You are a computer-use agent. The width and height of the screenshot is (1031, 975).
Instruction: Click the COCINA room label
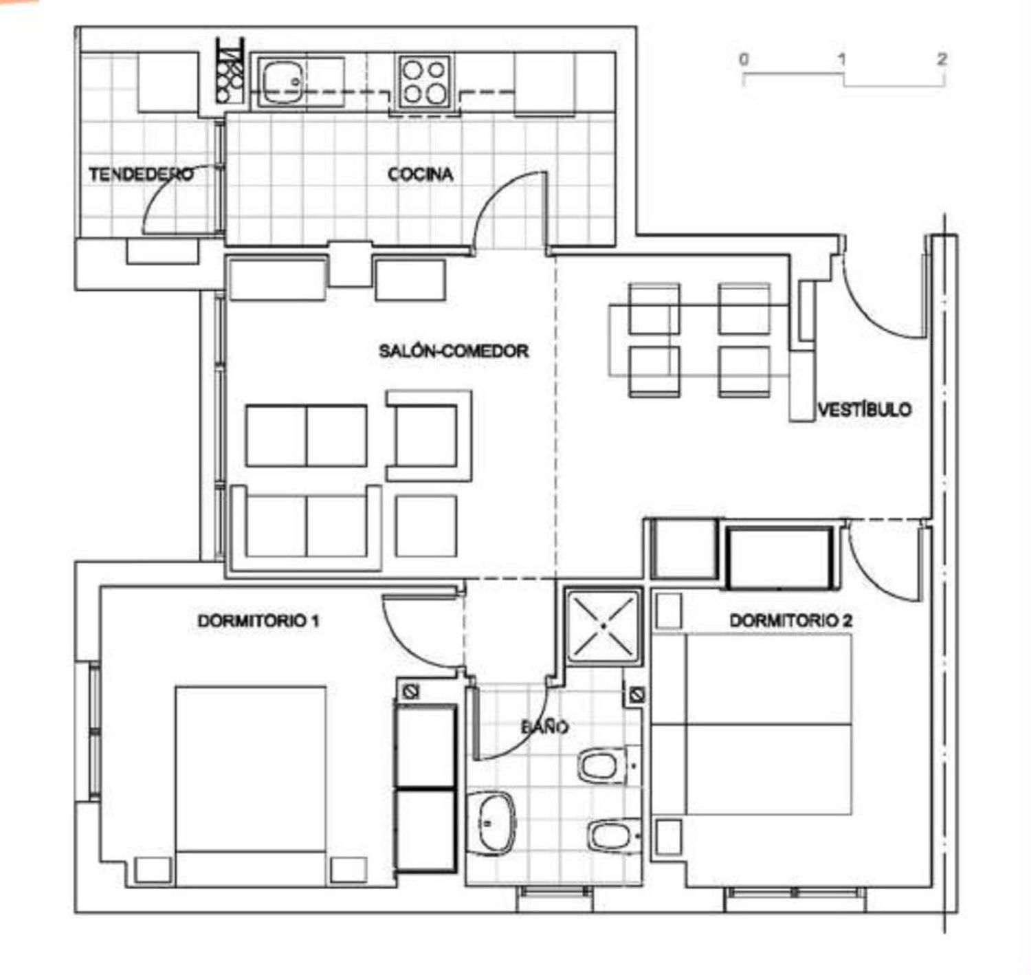click(421, 175)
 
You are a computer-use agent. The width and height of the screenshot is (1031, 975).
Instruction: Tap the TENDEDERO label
click(141, 174)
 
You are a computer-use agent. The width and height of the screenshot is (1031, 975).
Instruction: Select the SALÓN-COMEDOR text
click(454, 351)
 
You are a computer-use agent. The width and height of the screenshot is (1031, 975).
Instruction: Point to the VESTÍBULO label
click(864, 409)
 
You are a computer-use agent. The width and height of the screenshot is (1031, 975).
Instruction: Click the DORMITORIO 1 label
click(258, 621)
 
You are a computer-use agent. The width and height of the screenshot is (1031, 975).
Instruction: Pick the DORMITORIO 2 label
click(791, 621)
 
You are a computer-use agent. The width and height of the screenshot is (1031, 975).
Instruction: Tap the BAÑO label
click(545, 727)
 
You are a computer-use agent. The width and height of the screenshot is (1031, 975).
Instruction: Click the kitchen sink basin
click(282, 82)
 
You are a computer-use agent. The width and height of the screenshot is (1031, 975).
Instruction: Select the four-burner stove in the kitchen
click(425, 82)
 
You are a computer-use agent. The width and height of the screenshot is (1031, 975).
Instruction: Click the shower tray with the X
click(603, 626)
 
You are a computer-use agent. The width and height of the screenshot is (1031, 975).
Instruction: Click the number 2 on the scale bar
click(942, 58)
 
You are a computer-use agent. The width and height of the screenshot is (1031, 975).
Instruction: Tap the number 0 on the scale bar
click(744, 58)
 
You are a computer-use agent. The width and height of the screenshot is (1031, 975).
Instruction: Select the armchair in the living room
click(429, 435)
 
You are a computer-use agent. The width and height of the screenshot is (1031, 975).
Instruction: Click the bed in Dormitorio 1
click(251, 786)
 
